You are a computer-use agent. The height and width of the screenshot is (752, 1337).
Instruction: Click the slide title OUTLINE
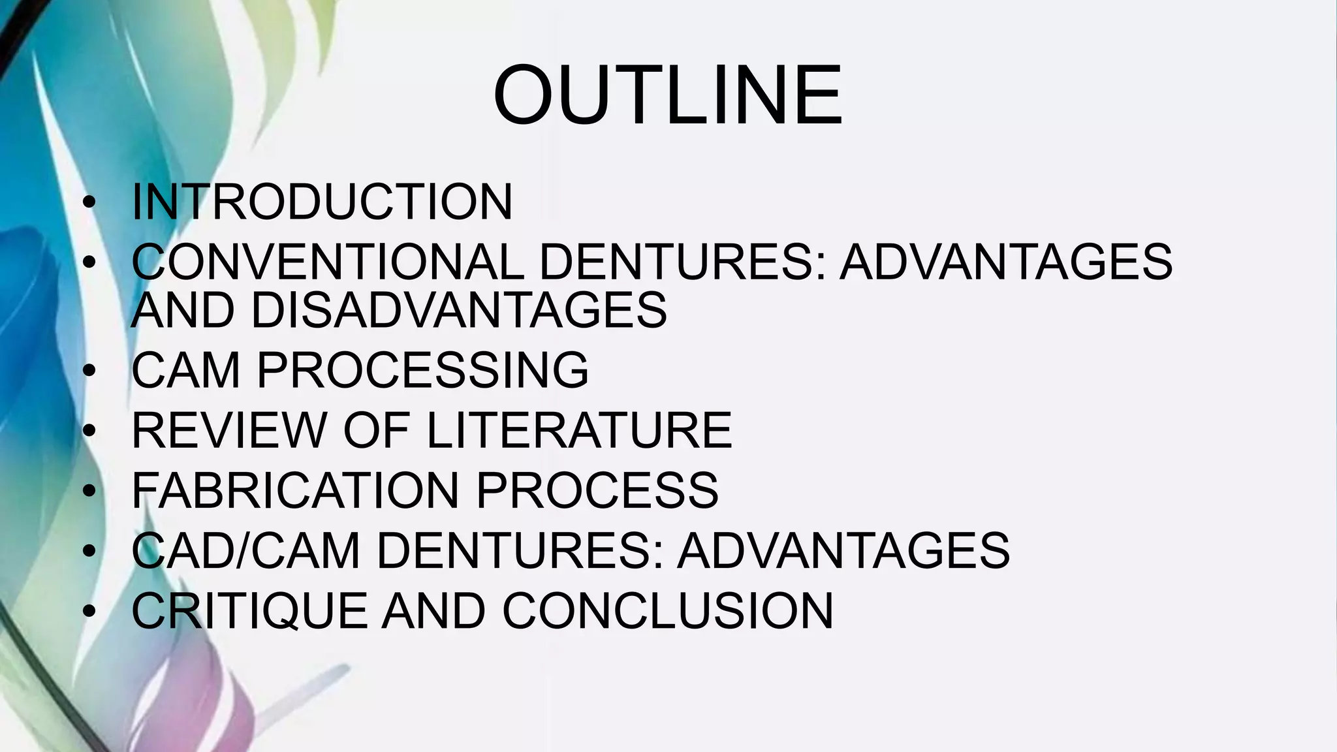(668, 95)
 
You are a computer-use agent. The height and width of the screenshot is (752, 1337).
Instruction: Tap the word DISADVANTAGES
(458, 309)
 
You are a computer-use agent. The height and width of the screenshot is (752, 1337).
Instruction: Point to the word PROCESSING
(422, 370)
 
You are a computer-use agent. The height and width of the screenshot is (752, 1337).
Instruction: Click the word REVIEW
(228, 430)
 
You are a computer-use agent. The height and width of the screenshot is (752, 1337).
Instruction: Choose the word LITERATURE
(579, 430)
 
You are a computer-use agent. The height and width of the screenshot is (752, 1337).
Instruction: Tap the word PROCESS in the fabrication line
(597, 490)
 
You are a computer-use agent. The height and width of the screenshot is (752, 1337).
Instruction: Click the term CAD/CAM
(245, 550)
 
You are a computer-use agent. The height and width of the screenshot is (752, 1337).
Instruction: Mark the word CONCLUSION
(667, 611)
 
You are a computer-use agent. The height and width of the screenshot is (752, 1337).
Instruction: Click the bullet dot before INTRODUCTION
(89, 202)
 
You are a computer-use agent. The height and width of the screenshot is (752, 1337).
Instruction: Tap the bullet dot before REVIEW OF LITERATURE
(89, 431)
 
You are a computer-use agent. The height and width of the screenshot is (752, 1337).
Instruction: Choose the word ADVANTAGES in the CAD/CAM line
(843, 550)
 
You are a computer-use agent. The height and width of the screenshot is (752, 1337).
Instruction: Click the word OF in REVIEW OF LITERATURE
(376, 430)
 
